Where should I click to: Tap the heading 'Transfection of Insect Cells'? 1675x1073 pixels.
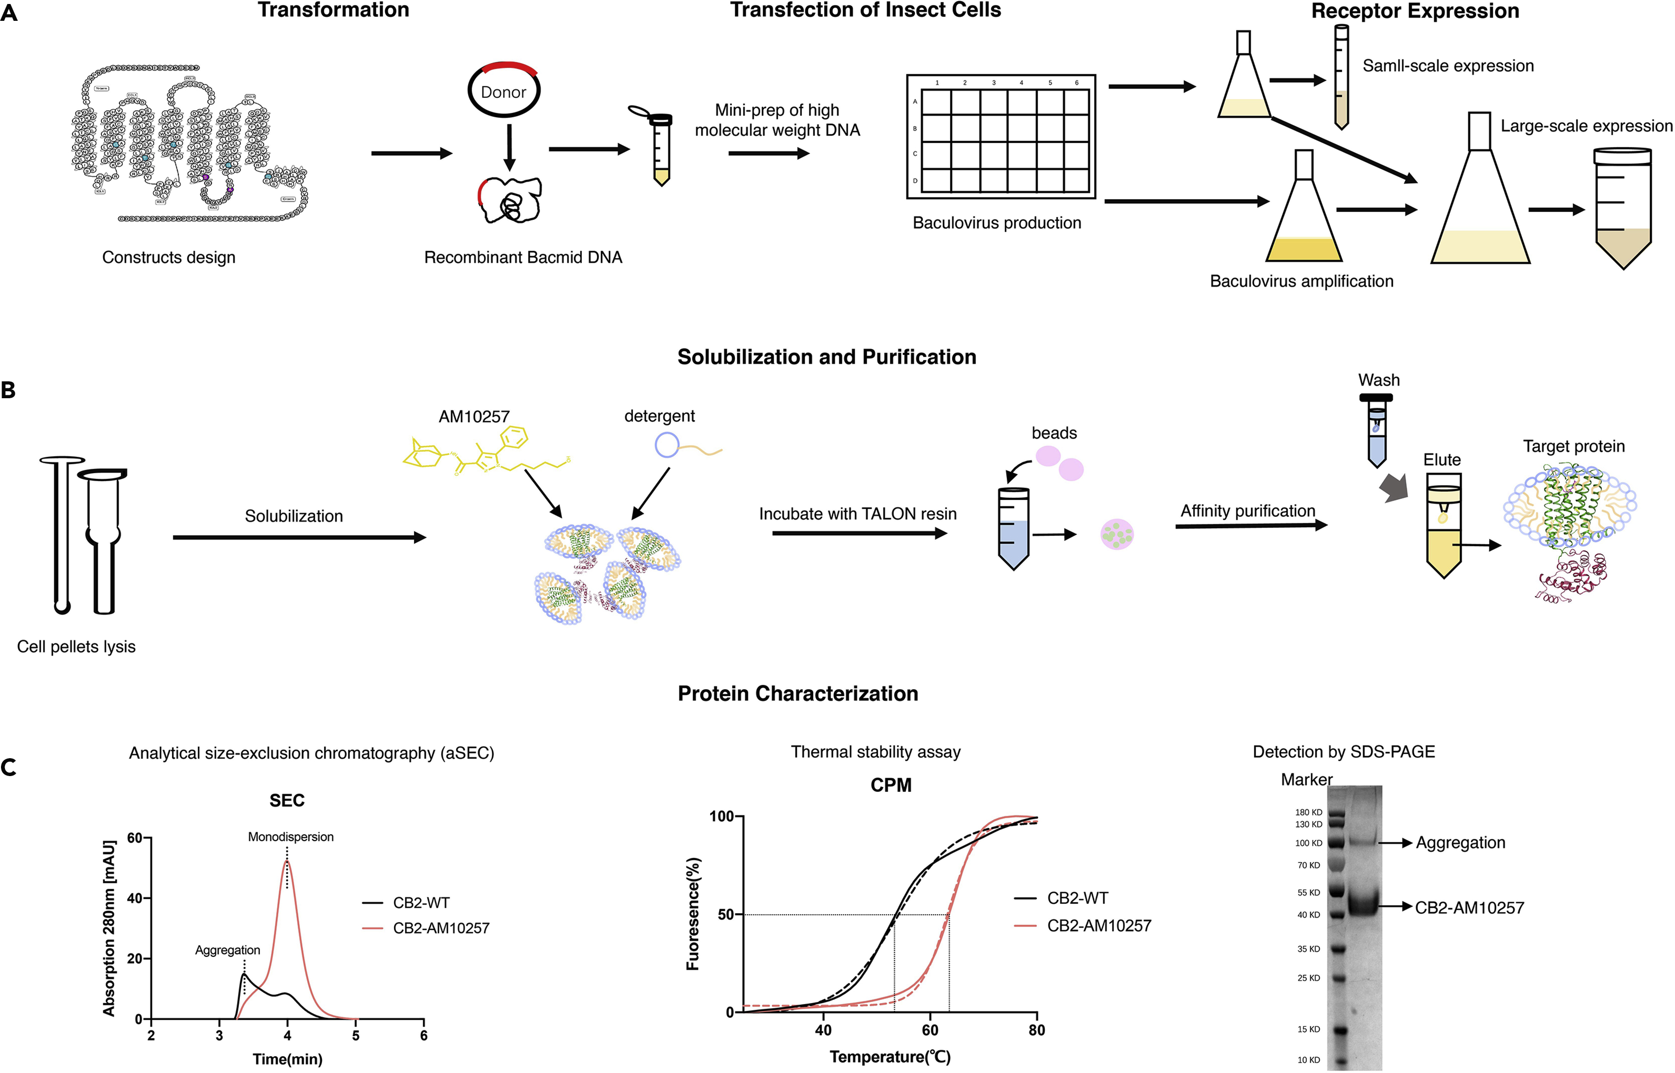865,10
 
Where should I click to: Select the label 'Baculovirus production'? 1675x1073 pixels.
997,223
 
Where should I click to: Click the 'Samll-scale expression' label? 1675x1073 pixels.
1448,66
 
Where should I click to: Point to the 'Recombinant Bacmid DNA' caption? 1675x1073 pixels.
523,258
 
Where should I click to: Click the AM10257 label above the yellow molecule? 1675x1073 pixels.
474,417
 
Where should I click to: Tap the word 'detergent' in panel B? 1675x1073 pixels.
659,416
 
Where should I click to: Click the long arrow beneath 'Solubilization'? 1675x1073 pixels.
300,537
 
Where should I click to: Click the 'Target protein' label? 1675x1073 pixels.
1573,446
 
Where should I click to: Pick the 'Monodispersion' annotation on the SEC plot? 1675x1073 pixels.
291,837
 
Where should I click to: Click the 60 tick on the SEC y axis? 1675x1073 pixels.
135,838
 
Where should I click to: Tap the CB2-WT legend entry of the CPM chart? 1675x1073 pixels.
1077,898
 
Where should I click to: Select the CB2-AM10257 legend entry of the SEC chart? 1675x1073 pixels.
441,928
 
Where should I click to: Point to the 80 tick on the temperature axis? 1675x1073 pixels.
1037,1030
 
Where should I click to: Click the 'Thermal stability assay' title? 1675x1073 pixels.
876,752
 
